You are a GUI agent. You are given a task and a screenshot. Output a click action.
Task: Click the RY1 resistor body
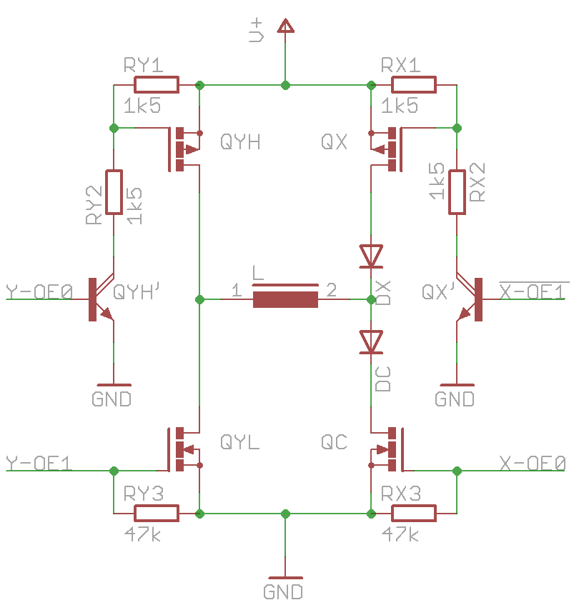point(157,85)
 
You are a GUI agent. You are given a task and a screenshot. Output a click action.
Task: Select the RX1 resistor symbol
point(414,85)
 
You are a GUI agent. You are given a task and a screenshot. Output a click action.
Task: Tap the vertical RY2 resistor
point(114,191)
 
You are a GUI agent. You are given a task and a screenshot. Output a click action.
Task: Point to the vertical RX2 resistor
point(457,191)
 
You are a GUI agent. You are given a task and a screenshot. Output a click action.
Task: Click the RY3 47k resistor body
point(157,514)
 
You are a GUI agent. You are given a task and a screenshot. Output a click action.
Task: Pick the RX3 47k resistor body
point(414,514)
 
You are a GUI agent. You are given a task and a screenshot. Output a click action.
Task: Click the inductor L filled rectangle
point(286,299)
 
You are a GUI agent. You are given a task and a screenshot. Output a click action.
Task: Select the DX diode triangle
point(371,256)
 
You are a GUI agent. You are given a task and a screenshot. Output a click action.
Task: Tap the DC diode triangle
point(371,342)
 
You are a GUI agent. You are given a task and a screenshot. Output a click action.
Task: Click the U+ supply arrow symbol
point(286,26)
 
